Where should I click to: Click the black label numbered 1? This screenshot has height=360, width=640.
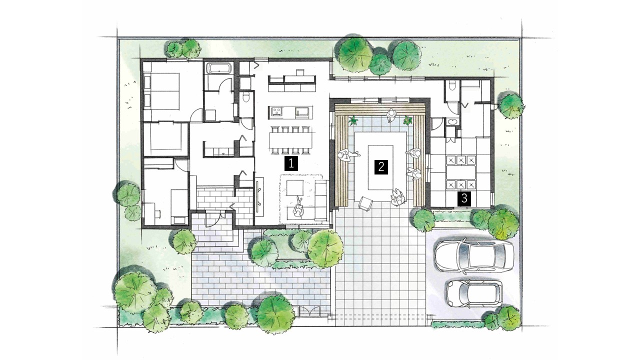291,163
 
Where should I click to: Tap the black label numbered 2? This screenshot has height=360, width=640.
381,167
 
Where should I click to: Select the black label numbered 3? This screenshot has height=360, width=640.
464,199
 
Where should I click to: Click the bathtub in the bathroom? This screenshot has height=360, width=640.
218,68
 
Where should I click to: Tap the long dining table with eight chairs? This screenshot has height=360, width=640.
290,140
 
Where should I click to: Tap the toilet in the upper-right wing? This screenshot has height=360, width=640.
452,85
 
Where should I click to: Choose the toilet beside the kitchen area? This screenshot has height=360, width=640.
245,98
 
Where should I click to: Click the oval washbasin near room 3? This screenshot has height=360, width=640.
452,121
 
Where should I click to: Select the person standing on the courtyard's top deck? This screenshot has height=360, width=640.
391,115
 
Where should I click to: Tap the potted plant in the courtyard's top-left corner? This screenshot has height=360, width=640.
353,120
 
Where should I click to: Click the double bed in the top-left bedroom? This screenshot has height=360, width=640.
161,91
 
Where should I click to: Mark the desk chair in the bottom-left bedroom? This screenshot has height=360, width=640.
157,213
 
